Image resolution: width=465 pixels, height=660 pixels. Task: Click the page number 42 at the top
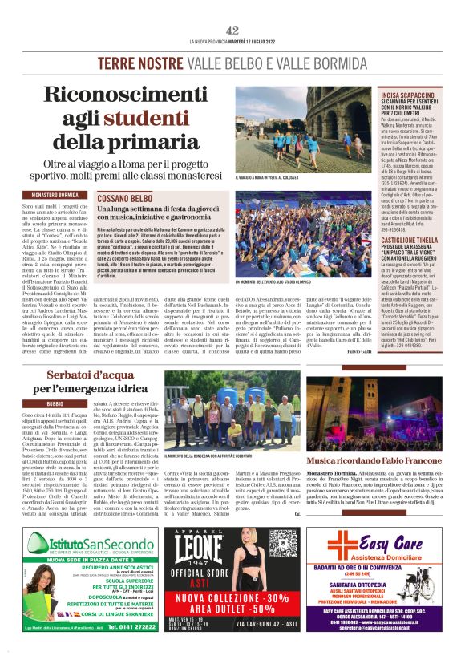tap(232, 30)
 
